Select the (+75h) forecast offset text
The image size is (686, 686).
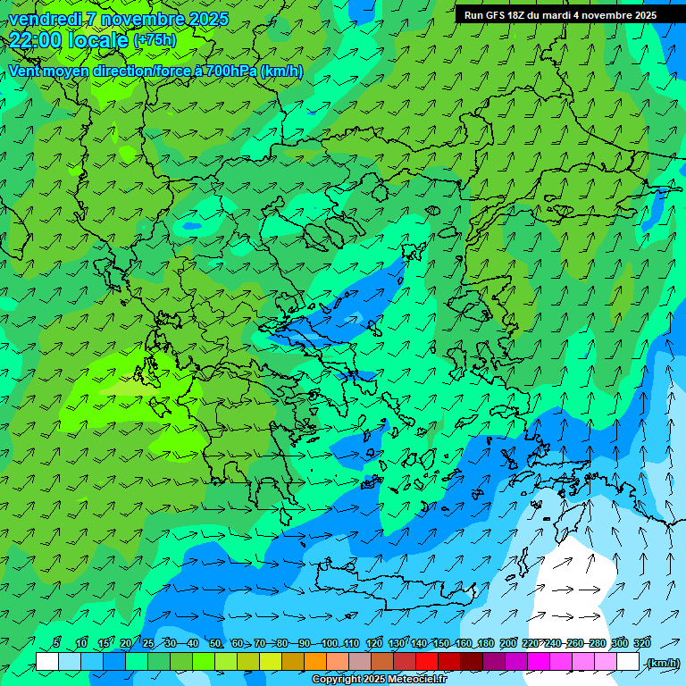point(155,40)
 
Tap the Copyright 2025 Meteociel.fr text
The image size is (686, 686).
point(379,680)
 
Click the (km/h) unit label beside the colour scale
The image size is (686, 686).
point(661,663)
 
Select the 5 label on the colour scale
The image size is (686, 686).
point(56,643)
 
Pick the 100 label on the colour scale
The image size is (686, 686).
point(329,643)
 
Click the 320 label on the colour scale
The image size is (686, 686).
point(642,643)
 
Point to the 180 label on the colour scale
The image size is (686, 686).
point(485,643)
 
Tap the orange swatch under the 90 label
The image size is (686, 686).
point(315,662)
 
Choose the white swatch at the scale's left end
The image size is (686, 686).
point(47,662)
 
